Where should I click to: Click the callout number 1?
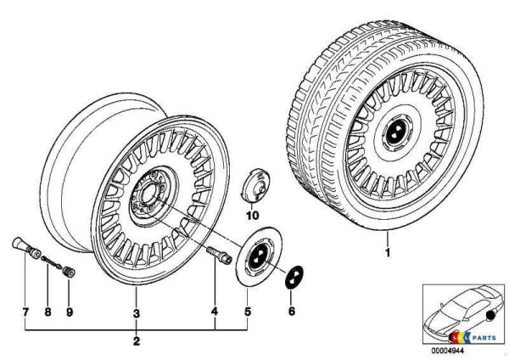388,252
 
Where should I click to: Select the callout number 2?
137,341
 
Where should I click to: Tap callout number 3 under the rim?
137,313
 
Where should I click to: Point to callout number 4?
215,312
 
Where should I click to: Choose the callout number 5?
248,312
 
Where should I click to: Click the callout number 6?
292,312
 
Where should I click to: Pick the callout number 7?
25,312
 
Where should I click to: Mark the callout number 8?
48,312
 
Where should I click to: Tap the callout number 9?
70,312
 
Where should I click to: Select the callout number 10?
253,216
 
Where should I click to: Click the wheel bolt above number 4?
220,256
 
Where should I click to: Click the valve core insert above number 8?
51,262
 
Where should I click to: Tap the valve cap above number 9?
69,272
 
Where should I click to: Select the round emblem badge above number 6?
294,277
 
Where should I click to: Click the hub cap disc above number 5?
259,256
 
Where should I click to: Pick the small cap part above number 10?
256,186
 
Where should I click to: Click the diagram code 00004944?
447,351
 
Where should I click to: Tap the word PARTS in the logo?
484,338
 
